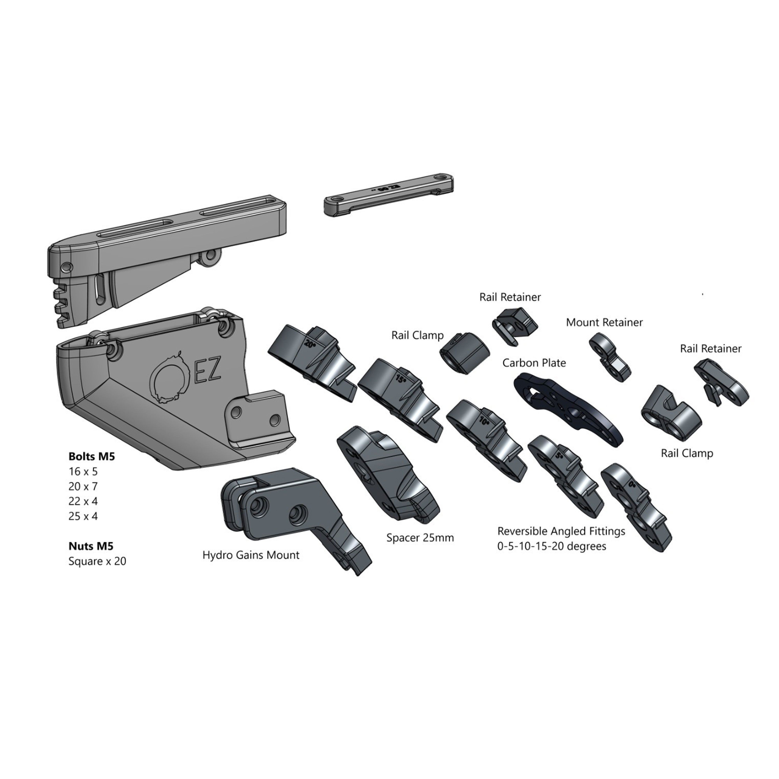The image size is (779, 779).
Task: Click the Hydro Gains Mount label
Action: click(x=251, y=555)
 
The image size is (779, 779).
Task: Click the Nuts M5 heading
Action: click(x=91, y=546)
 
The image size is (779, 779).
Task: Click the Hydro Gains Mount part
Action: click(x=290, y=512)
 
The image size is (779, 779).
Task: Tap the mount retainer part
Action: click(x=609, y=357)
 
